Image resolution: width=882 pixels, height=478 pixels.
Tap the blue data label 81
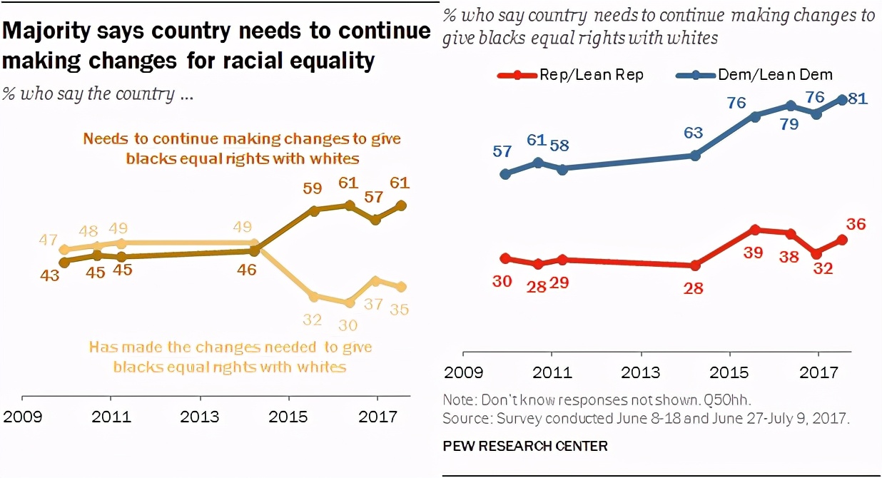tap(857, 99)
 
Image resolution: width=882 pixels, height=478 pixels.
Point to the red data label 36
tap(855, 223)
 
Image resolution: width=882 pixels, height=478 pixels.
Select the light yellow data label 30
tap(349, 324)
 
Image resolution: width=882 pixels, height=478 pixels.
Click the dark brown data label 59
tap(313, 189)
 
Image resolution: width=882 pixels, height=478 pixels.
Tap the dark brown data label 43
tap(49, 275)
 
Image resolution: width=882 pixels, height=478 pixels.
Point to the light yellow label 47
tap(48, 240)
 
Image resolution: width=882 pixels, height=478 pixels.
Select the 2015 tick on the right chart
tap(729, 373)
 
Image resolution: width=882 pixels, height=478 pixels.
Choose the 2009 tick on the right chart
tap(463, 373)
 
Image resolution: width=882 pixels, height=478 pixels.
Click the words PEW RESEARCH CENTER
tap(525, 446)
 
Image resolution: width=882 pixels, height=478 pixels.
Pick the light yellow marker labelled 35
tap(401, 287)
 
